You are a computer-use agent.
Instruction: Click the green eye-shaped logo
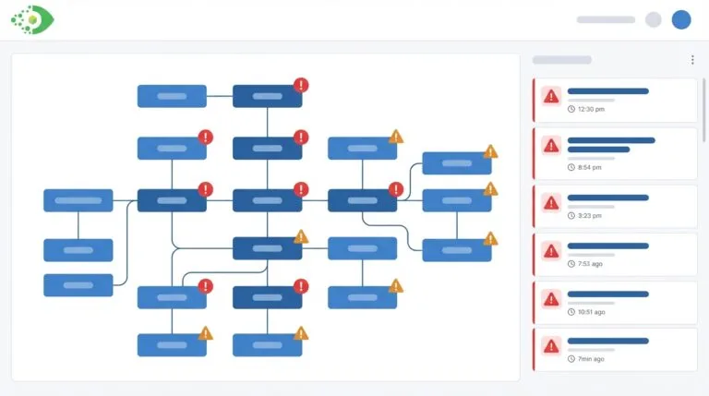[32, 19]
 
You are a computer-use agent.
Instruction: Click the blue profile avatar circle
[681, 19]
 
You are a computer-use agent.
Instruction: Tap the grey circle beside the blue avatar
[654, 19]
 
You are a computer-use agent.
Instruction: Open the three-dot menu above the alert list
[692, 60]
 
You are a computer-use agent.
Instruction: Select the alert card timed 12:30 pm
[616, 100]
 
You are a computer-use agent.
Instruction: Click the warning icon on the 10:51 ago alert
[551, 298]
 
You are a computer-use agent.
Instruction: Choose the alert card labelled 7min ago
[616, 349]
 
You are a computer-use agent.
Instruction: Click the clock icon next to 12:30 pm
[571, 109]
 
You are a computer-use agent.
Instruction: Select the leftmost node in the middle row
[78, 200]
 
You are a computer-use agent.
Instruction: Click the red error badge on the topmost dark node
[301, 85]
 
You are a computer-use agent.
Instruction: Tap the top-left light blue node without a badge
[172, 96]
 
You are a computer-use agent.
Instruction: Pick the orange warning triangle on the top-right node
[490, 151]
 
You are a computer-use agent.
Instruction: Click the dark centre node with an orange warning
[267, 248]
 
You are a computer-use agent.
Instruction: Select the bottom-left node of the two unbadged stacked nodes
[78, 285]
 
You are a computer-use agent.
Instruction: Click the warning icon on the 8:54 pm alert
[551, 145]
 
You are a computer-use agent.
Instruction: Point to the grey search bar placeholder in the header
[606, 19]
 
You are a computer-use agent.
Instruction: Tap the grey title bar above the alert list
[561, 60]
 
